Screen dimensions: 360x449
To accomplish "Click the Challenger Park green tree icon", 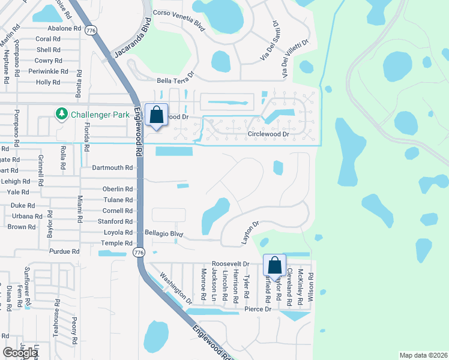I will [x=61, y=113].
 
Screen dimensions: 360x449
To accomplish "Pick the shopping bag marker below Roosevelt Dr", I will [x=274, y=265].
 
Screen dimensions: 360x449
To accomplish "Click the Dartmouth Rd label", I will [x=112, y=168].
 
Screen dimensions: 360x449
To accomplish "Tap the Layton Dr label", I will [x=250, y=232].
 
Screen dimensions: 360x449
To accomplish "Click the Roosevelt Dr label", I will [x=231, y=263].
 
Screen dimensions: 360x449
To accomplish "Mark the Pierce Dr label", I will [x=259, y=310].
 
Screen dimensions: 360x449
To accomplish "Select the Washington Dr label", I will [x=176, y=288].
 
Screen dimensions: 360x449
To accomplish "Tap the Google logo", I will [x=19, y=353].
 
